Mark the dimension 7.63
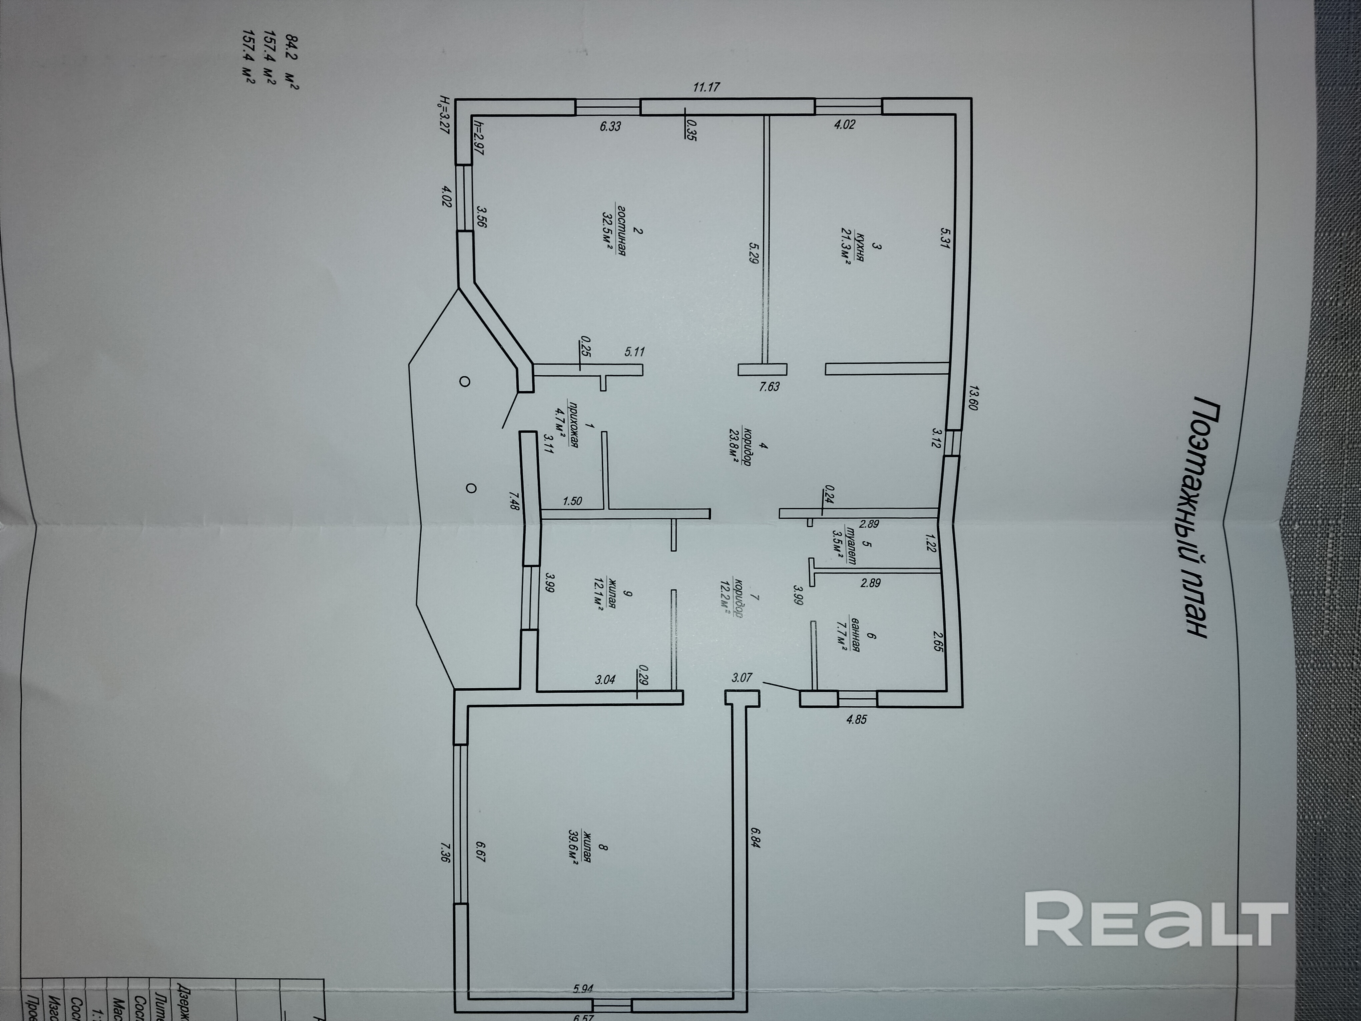(x=769, y=386)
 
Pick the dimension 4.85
(x=857, y=718)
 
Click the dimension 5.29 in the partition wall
(x=753, y=252)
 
